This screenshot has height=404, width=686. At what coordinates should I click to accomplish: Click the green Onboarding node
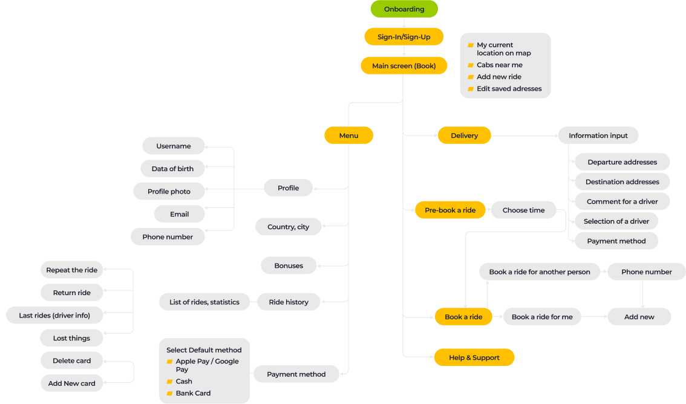tap(404, 9)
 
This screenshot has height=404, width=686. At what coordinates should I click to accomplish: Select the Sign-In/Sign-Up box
tap(404, 37)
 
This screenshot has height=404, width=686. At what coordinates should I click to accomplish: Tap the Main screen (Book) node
tap(404, 65)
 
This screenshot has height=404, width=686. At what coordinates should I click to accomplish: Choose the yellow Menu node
tap(348, 135)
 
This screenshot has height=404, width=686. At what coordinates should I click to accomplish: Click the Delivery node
tap(464, 135)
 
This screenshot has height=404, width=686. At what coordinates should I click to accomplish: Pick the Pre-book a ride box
tap(450, 210)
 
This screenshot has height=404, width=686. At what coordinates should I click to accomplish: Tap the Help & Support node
tap(474, 357)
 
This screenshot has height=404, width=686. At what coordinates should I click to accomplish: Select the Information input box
tap(598, 135)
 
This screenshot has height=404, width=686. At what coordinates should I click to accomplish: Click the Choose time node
tap(524, 210)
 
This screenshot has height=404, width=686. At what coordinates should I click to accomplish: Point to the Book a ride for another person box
tap(540, 272)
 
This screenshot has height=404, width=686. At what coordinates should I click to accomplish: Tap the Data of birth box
tap(172, 168)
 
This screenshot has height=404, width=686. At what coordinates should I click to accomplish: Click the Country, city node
tap(289, 226)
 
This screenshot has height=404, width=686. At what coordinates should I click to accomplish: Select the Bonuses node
tap(289, 266)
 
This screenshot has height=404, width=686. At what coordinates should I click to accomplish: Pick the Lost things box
tap(72, 338)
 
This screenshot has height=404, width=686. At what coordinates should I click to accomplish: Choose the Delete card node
tap(72, 360)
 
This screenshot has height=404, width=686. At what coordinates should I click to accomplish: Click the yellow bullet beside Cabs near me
tap(471, 65)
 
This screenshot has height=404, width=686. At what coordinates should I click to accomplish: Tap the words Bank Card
tap(194, 393)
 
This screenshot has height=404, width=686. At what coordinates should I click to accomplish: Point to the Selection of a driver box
tap(616, 221)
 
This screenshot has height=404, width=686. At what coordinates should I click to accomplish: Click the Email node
tap(180, 214)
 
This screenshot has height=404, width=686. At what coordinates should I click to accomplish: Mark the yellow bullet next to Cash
tap(170, 382)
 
